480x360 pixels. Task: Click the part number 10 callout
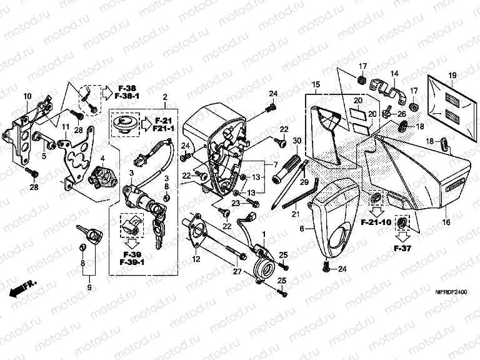(27, 96)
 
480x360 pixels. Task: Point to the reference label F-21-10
(375, 222)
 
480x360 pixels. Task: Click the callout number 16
(446, 222)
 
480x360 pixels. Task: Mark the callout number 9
(89, 287)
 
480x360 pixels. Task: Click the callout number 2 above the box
(164, 97)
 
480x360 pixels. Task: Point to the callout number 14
(394, 74)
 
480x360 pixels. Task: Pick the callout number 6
(302, 229)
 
